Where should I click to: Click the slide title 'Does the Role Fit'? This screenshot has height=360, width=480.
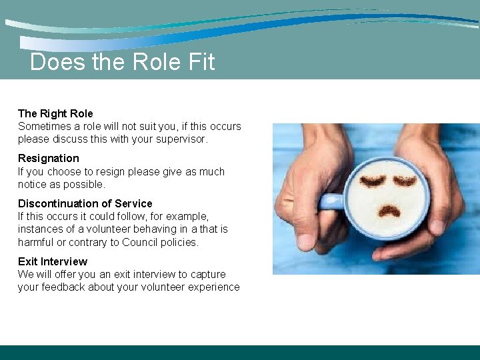click(122, 62)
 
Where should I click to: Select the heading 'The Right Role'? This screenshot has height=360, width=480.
click(55, 113)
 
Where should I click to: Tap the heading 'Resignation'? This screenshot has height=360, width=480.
click(48, 158)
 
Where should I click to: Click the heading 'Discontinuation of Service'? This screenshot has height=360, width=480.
click(85, 203)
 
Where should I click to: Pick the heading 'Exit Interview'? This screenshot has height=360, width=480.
click(52, 261)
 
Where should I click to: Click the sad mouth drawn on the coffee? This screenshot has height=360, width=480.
click(389, 213)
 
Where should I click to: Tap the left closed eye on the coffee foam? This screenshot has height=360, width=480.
click(373, 181)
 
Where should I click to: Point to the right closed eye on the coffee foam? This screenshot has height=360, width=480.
click(405, 181)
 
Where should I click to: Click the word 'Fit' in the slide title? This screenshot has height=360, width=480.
click(201, 62)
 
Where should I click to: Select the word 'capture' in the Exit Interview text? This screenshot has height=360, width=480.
click(208, 274)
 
